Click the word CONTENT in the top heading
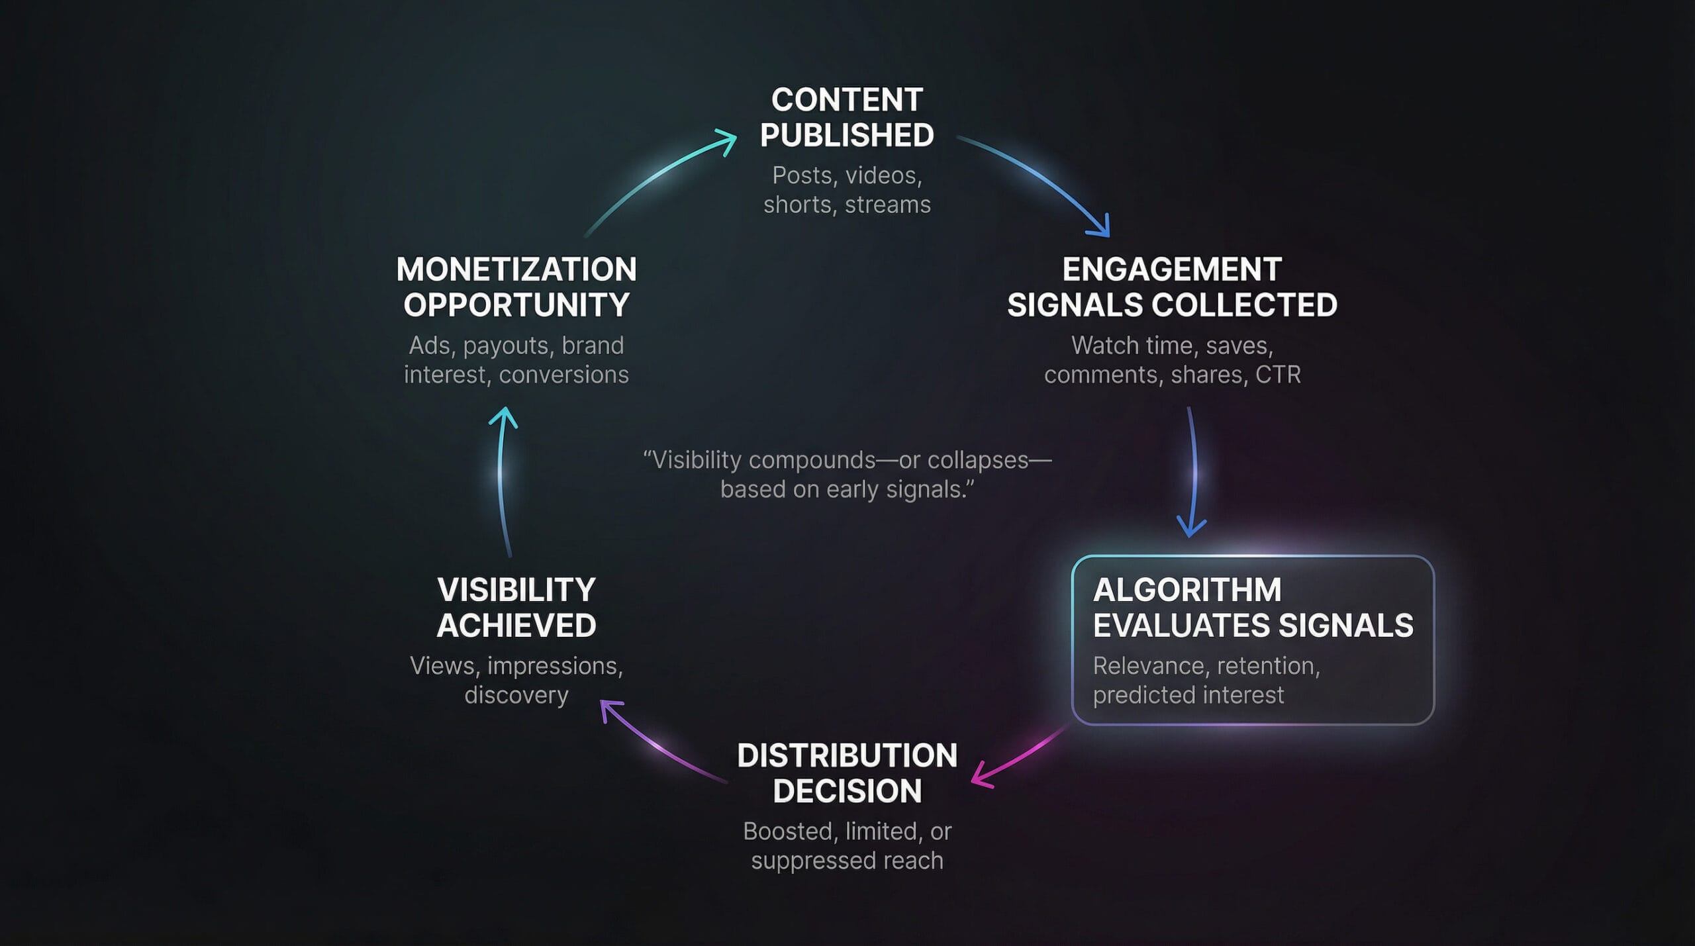point(847,100)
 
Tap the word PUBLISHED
point(847,136)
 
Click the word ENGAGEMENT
point(1172,269)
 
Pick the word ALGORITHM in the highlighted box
point(1187,590)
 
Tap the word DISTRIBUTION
point(847,755)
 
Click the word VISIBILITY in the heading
point(516,590)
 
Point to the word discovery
point(516,695)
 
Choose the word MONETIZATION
point(516,269)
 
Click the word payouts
point(506,346)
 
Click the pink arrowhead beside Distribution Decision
point(981,777)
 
